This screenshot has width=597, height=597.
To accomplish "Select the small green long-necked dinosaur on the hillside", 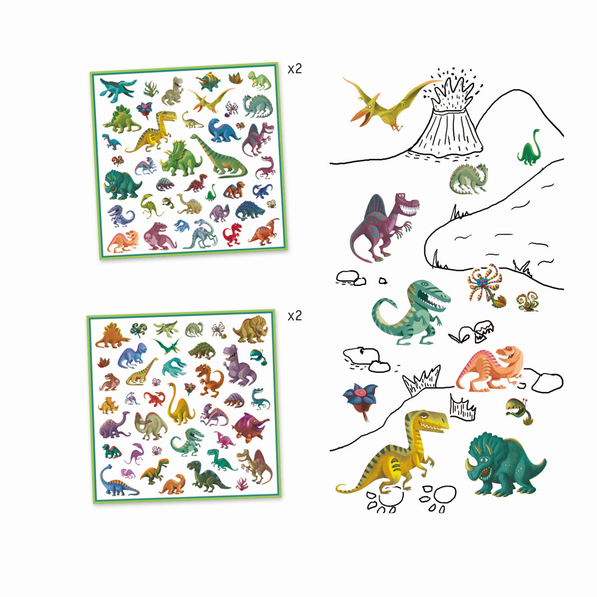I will (x=529, y=149).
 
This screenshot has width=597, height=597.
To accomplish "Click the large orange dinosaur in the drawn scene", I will (x=490, y=368).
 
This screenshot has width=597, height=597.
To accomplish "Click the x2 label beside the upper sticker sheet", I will (x=295, y=69).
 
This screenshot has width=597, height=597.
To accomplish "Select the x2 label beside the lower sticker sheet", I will (x=295, y=316).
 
